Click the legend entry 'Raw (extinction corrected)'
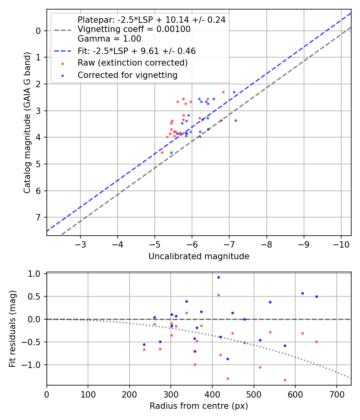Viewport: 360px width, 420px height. pos(132,63)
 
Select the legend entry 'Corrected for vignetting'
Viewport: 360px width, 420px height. pos(128,75)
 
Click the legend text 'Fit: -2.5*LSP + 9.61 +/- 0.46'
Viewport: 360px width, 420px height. pos(136,51)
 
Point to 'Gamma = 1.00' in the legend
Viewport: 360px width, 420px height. pos(109,39)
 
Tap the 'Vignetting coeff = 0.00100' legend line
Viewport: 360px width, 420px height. pos(134,29)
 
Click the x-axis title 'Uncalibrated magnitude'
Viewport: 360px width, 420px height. pos(199,256)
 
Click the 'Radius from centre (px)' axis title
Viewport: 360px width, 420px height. pos(199,406)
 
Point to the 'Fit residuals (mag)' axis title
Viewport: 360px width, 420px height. pos(12,329)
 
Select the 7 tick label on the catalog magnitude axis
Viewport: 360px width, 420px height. pos(38,217)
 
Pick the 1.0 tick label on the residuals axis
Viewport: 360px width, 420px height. pos(36,274)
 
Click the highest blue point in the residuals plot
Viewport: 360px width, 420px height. pos(218,277)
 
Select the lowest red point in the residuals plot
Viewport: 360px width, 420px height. pos(285,380)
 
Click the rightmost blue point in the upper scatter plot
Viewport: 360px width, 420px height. pos(236,120)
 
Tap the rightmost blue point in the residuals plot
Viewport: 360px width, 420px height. pos(316,296)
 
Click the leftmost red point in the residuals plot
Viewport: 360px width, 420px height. pos(144,350)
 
